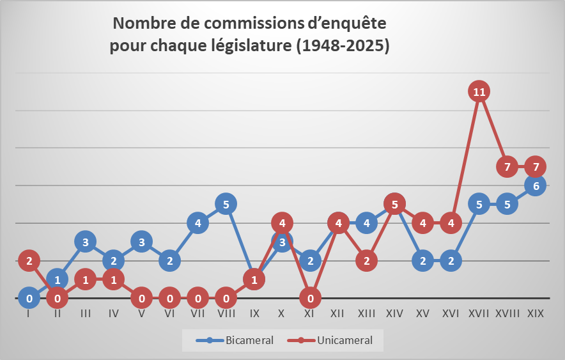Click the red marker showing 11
[479, 91]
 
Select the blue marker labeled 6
[536, 186]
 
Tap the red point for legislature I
[29, 260]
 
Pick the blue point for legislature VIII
[226, 204]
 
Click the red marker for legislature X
[282, 223]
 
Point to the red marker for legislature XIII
[366, 260]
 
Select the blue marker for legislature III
[85, 241]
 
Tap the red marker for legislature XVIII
[507, 167]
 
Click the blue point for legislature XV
[422, 260]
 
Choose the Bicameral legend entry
[235, 340]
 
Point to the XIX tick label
[536, 315]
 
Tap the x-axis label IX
[254, 315]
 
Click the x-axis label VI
[169, 315]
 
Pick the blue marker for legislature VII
[198, 223]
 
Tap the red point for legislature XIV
[395, 205]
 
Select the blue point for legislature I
[29, 298]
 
